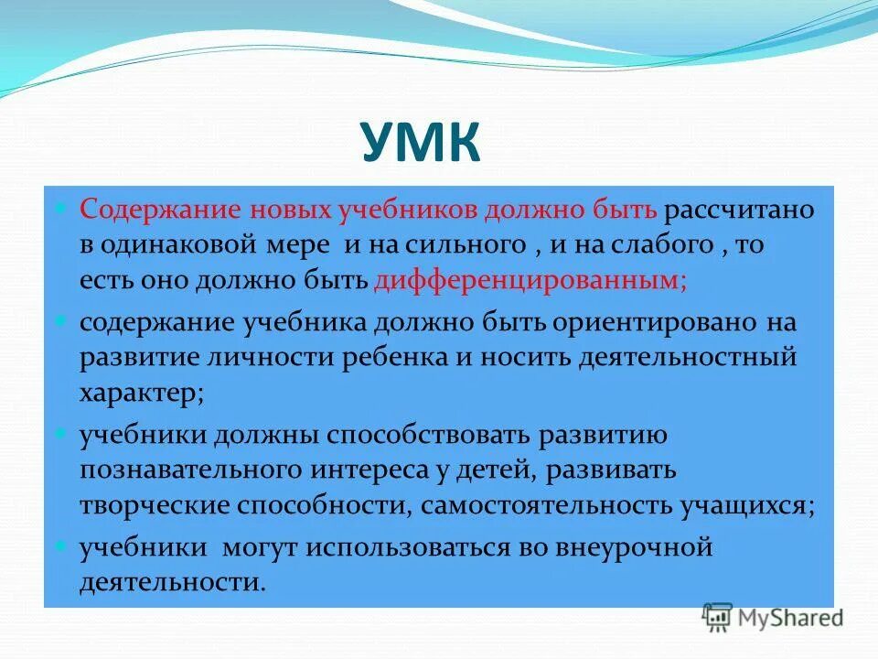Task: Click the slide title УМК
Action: [x=420, y=143]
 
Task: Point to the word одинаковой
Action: [x=218, y=246]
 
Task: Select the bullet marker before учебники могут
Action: [x=62, y=546]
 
